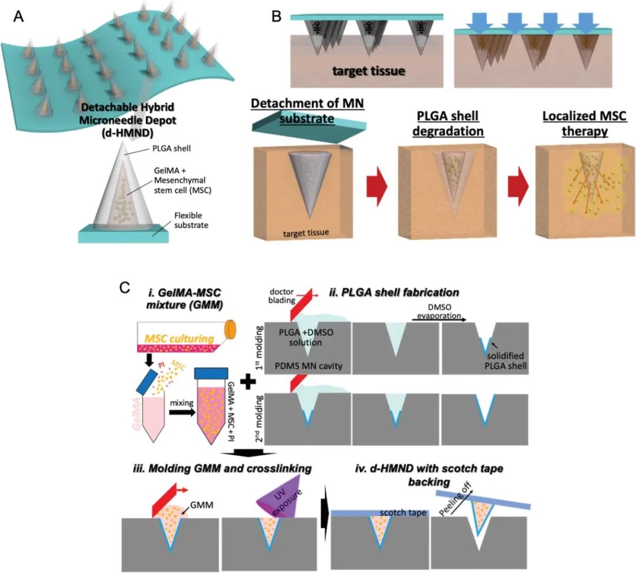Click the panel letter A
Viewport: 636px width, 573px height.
tap(19, 16)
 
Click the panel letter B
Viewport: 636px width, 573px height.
tap(276, 16)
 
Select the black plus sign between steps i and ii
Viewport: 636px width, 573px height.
tap(250, 383)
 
